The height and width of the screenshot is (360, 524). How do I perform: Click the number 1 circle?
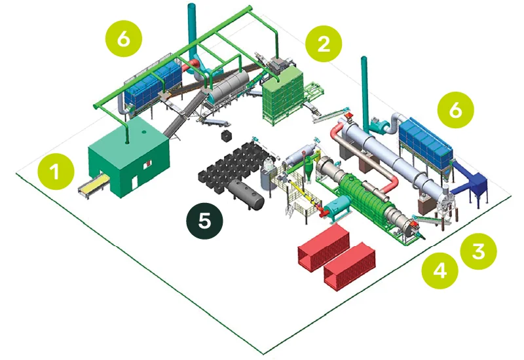tap(56, 171)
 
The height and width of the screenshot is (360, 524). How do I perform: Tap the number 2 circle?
tap(324, 43)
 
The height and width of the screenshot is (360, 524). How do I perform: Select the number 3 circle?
tap(478, 251)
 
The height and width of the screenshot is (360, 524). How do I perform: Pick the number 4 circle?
tap(440, 270)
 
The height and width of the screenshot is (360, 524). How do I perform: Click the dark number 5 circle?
tap(204, 221)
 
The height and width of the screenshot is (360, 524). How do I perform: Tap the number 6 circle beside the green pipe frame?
tap(123, 39)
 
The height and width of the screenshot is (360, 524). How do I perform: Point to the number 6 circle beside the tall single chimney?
tap(455, 109)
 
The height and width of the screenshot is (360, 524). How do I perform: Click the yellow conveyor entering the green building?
tap(94, 185)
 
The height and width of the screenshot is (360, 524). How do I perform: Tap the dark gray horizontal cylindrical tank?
tap(246, 194)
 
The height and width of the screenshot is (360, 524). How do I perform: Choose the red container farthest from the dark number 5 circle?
tap(350, 266)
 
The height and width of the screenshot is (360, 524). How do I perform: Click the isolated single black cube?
tap(227, 136)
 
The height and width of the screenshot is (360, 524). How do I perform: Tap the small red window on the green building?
tap(149, 163)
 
